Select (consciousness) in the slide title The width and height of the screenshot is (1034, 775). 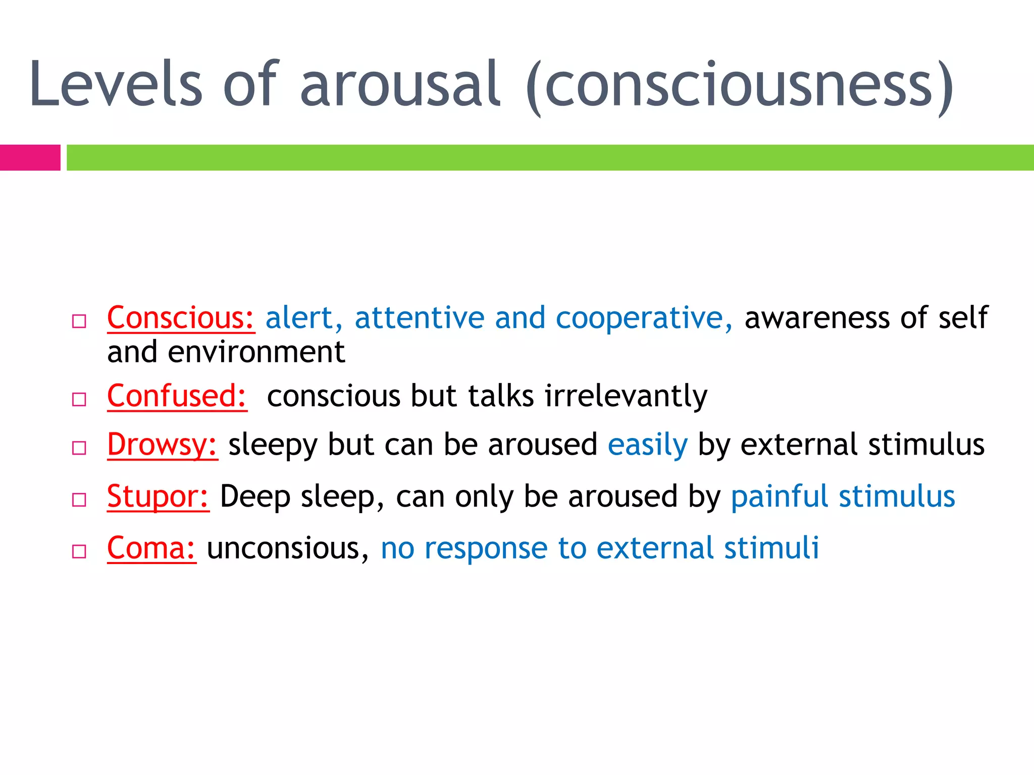coord(739,87)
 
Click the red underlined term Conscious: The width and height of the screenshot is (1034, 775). coord(181,318)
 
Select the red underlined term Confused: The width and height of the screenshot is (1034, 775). coord(177,396)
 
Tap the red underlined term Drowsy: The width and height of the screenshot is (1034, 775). coord(162,445)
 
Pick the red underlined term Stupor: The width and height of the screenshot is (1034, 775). coord(158,496)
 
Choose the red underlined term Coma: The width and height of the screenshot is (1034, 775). coord(151,548)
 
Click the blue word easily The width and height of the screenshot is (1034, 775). coord(647,445)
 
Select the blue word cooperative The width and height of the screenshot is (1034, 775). coord(643,318)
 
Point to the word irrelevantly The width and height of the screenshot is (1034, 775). coord(626,396)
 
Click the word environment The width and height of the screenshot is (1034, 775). coord(256,352)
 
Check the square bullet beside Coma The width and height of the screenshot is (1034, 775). coord(79,551)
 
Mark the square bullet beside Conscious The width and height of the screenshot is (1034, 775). coord(79,321)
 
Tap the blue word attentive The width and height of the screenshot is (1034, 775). coord(419,318)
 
